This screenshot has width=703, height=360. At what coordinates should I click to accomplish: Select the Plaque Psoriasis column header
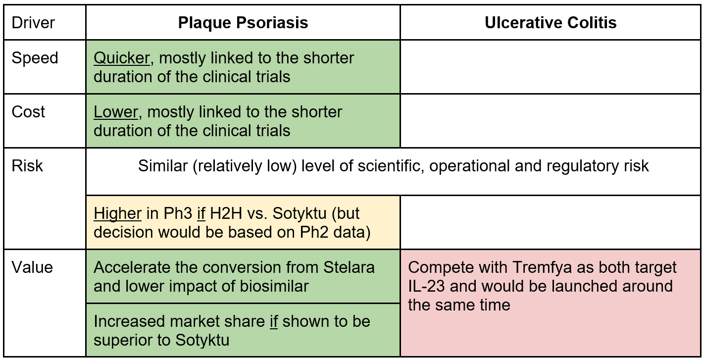[243, 23]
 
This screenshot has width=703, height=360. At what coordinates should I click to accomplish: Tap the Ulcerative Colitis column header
[551, 23]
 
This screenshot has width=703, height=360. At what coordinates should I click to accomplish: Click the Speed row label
[35, 58]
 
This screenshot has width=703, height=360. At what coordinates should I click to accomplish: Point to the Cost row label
[28, 112]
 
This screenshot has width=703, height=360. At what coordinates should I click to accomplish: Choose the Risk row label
[27, 166]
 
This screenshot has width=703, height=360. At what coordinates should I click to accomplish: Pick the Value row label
[32, 267]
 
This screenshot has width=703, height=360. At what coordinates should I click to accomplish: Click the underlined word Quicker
[122, 58]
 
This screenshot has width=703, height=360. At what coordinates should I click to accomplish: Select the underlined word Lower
[115, 112]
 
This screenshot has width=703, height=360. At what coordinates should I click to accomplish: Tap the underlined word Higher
[117, 214]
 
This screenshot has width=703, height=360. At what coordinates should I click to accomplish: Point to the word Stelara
[349, 267]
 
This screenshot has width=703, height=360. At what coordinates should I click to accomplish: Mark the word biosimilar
[274, 286]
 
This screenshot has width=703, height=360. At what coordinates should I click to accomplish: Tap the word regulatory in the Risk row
[583, 166]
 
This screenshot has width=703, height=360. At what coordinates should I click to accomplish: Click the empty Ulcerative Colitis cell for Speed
[551, 67]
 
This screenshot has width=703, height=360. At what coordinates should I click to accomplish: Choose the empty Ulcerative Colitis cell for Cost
[551, 121]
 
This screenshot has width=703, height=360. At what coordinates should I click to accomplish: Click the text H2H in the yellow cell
[226, 214]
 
